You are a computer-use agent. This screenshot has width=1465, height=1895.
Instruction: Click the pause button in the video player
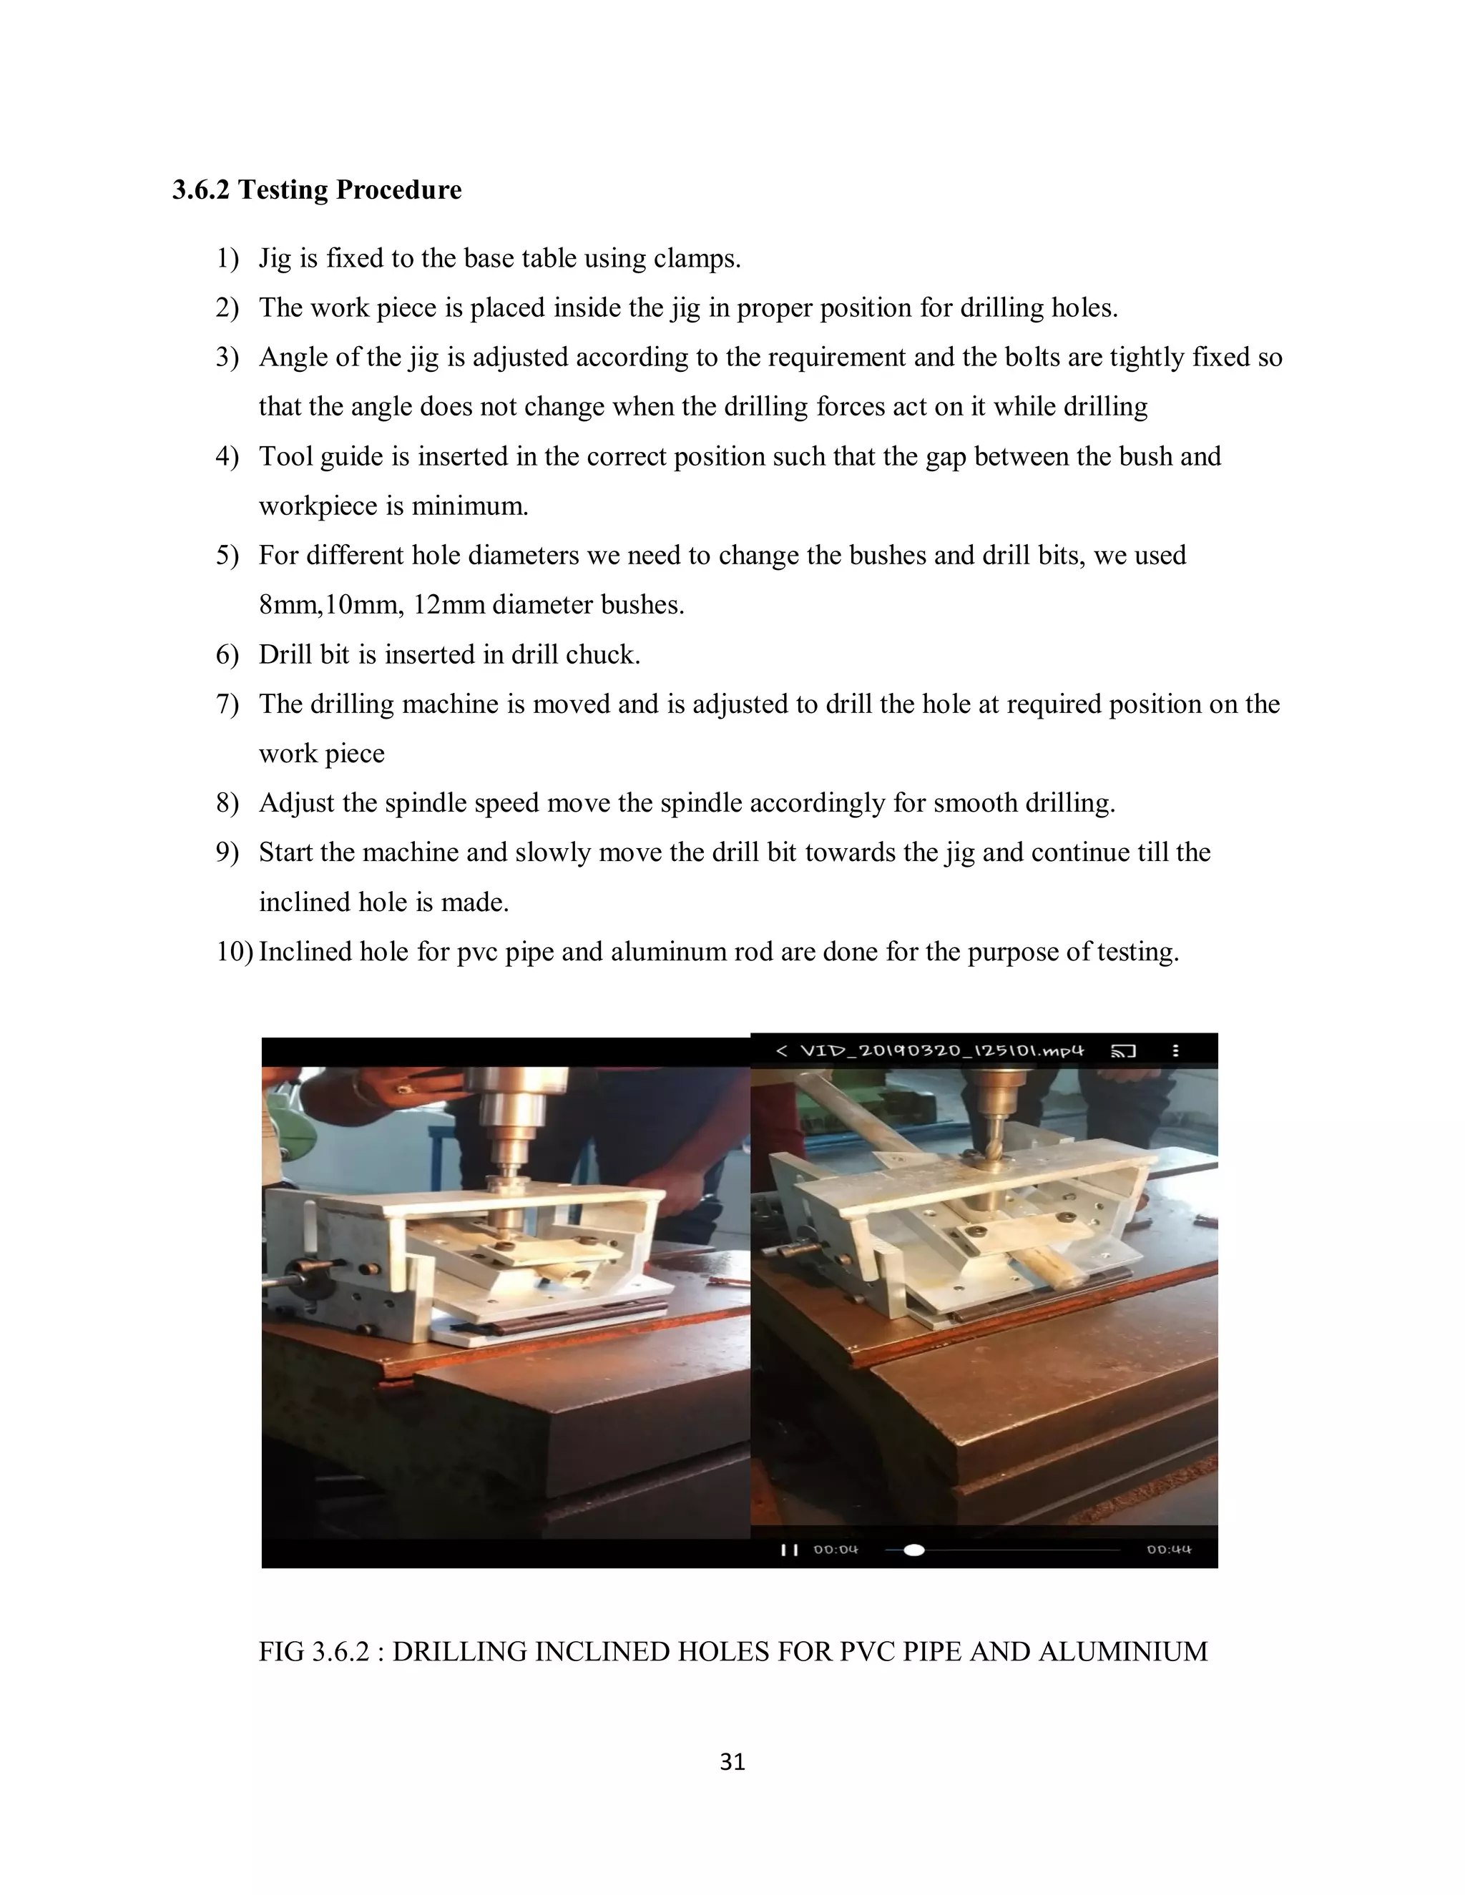[x=789, y=1550]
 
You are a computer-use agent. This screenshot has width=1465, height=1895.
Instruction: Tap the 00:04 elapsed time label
[x=835, y=1550]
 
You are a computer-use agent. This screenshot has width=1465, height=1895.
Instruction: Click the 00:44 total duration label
[x=1168, y=1550]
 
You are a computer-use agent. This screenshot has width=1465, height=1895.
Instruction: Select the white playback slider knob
[x=914, y=1550]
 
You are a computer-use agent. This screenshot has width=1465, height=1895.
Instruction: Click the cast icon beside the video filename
[x=1123, y=1052]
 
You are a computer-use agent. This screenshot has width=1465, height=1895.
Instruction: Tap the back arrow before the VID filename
[x=781, y=1052]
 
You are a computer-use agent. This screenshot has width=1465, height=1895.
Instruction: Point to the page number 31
[x=732, y=1762]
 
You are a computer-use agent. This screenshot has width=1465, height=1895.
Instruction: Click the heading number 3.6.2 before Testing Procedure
[x=201, y=190]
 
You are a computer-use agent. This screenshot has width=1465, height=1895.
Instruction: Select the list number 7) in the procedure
[x=227, y=704]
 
